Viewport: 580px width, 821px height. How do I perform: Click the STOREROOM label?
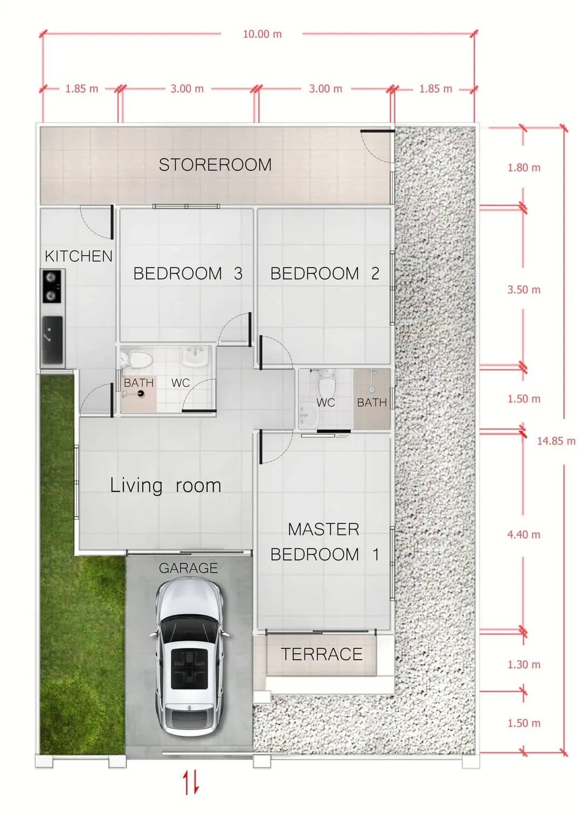215,165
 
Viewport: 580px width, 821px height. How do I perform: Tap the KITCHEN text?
79,256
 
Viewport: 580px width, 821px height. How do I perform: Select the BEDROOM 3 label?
188,273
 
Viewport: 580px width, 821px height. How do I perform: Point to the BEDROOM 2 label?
325,273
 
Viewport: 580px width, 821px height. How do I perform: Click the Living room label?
165,485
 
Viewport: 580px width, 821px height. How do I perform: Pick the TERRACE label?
322,654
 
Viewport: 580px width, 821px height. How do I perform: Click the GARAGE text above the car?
188,568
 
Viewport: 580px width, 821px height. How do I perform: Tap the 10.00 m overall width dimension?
262,34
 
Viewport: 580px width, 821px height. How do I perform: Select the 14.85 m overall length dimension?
556,441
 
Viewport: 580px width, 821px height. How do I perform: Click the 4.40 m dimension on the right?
523,535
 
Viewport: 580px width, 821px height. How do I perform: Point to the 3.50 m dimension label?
523,290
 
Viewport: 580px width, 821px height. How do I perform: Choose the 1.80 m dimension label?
523,168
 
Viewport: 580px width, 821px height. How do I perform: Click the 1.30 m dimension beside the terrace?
523,665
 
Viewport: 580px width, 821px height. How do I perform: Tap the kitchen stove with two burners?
52,286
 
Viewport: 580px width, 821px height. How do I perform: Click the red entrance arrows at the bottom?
191,782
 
